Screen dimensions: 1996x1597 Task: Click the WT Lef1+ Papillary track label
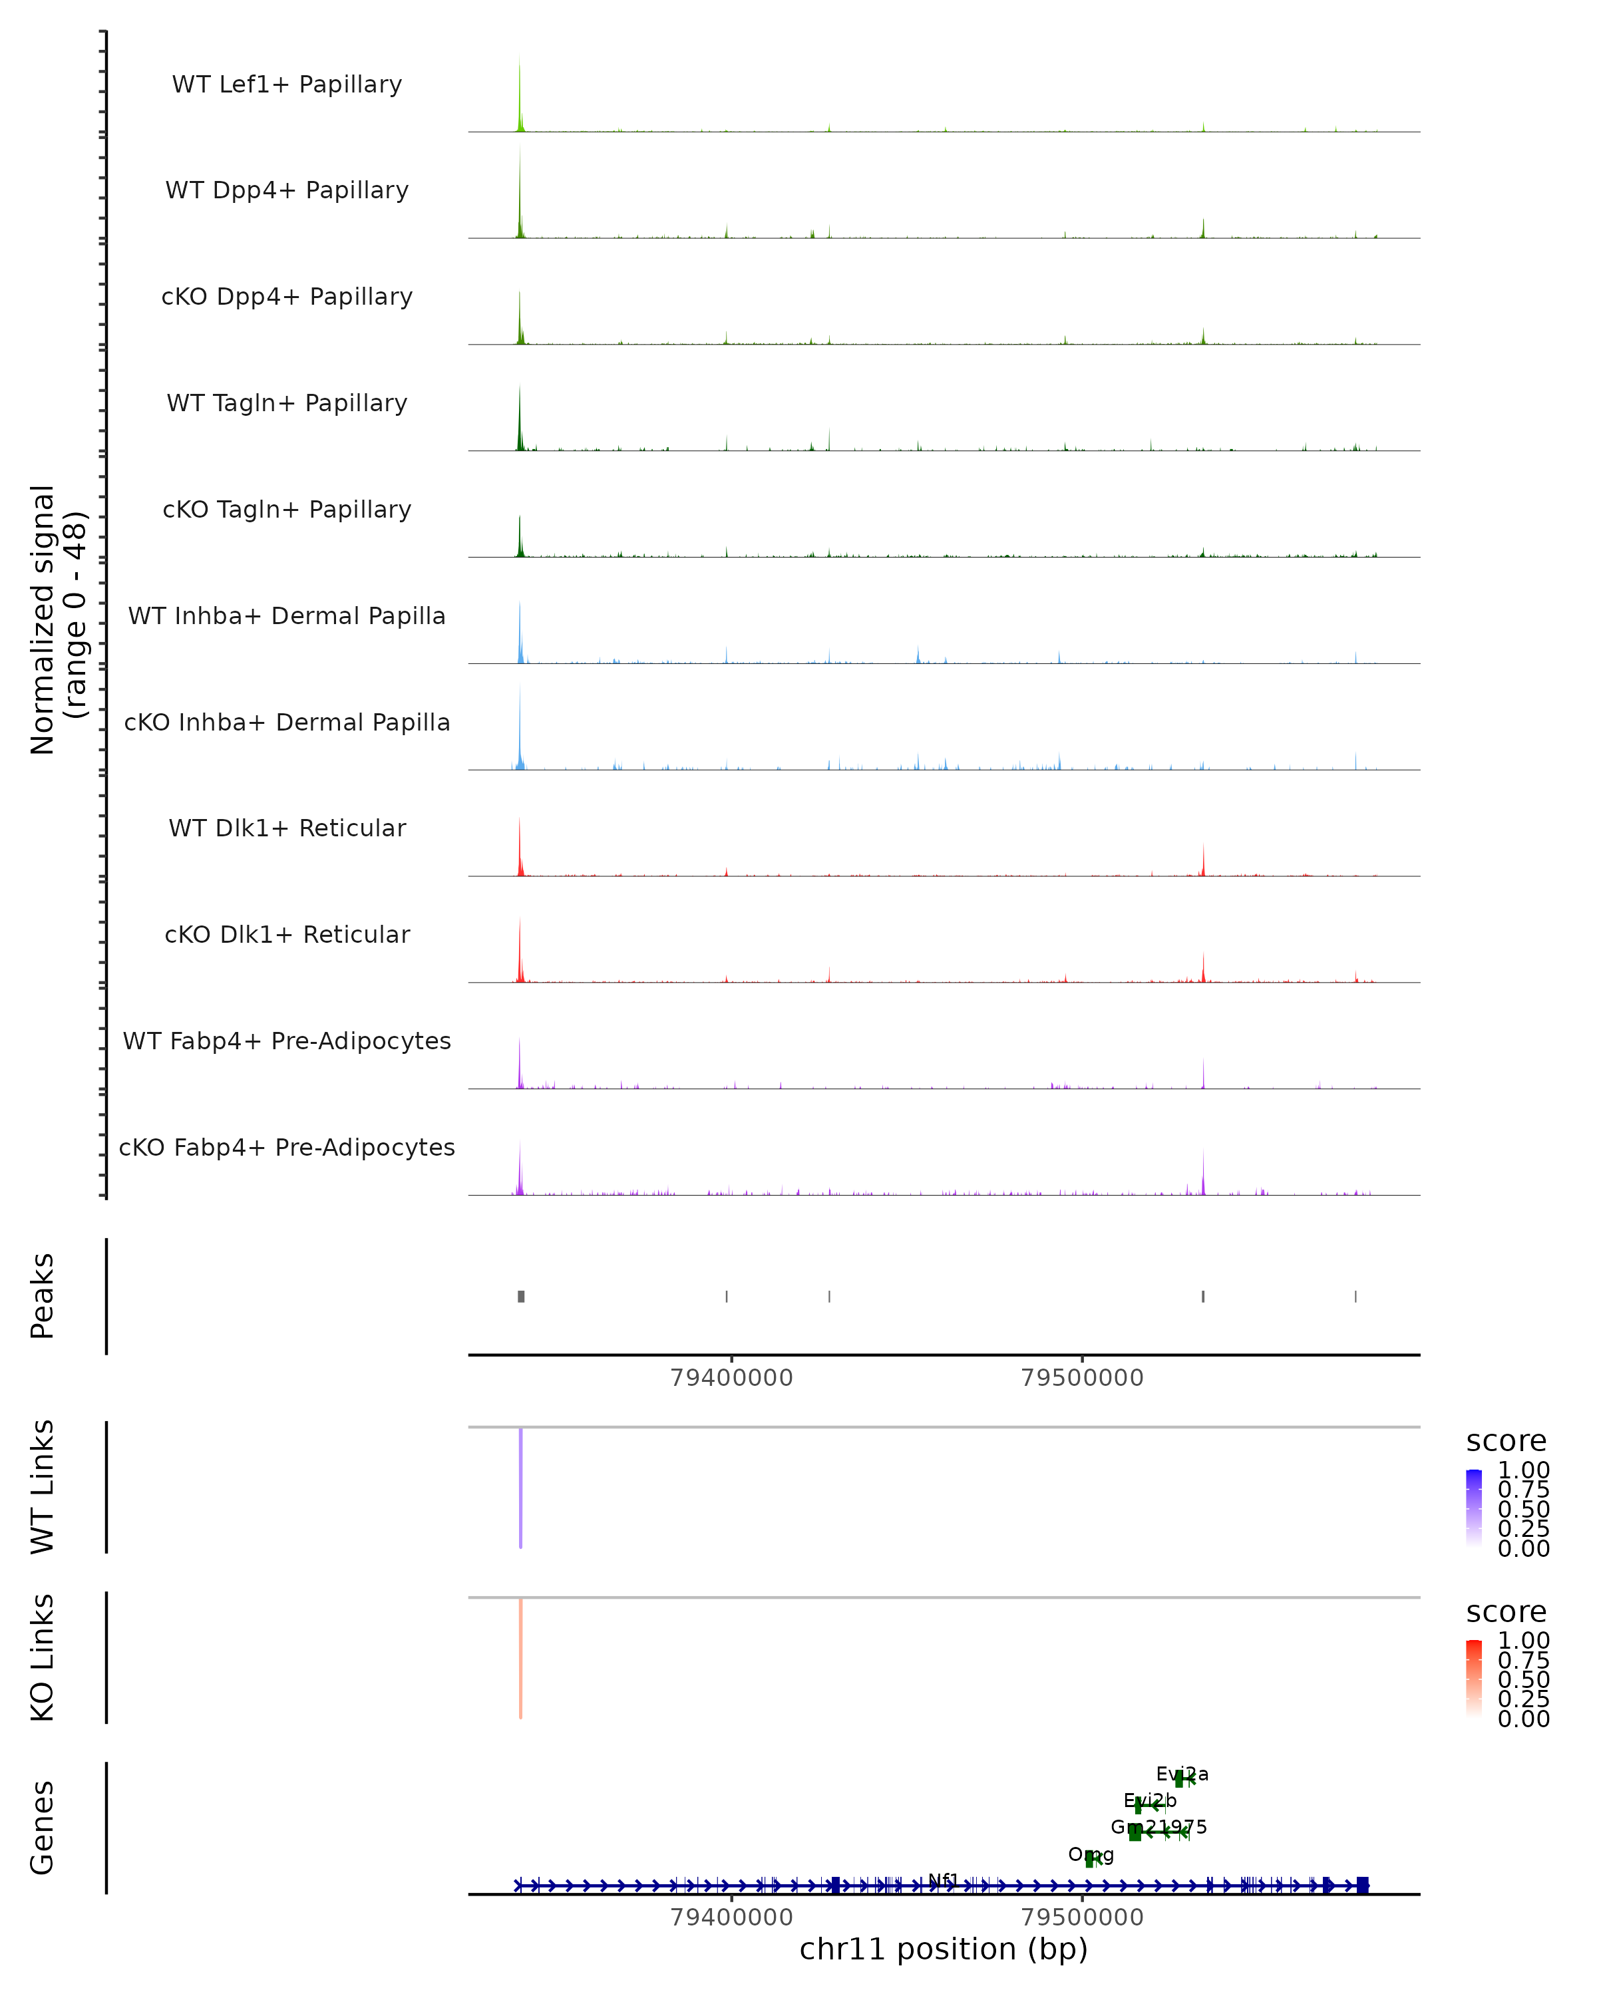(287, 85)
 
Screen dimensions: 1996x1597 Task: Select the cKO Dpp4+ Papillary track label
(287, 297)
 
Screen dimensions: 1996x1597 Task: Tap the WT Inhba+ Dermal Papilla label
(287, 617)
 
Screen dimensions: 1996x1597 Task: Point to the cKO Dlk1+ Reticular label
(287, 935)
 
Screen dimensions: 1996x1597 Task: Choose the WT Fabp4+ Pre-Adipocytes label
(287, 1041)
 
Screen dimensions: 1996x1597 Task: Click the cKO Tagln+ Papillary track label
(287, 510)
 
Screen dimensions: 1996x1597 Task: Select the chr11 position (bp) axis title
(944, 1949)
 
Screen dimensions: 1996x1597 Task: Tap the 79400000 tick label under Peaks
(731, 1378)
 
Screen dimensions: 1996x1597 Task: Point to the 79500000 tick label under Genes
(1082, 1917)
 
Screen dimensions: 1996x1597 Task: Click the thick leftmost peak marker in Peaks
(521, 1296)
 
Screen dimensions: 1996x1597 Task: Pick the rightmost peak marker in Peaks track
(1355, 1296)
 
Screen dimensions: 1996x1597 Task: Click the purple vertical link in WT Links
(521, 1487)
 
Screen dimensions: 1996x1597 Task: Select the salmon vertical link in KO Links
(521, 1657)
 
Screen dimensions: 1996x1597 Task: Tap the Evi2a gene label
(1182, 1774)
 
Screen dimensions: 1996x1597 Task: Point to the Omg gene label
(1091, 1854)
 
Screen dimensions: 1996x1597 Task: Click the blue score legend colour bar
(1474, 1507)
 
